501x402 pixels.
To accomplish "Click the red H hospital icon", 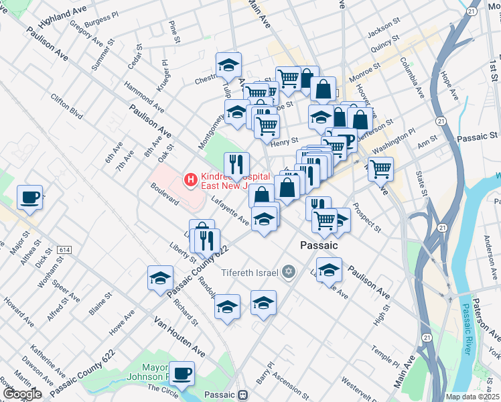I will point(191,179).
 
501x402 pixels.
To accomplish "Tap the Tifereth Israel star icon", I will point(289,271).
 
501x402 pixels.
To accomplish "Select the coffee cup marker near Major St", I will point(29,198).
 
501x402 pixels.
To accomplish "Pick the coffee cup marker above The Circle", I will point(182,373).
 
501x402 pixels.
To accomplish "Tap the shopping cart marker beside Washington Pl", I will point(380,169).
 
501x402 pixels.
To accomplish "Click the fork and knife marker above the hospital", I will point(236,164).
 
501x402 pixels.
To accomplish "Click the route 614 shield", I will point(65,250).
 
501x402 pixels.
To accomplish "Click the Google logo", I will point(23,394).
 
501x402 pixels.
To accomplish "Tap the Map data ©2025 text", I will point(472,397).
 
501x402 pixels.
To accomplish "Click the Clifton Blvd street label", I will point(66,106).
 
